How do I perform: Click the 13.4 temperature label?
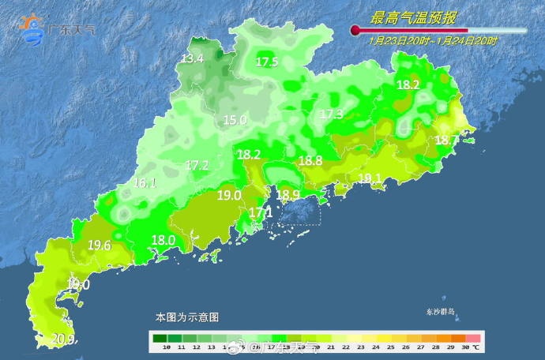click(x=192, y=58)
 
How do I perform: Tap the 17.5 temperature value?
click(x=267, y=62)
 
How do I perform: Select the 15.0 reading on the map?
click(x=235, y=120)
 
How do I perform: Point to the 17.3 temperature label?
click(x=331, y=114)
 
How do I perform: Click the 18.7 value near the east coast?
click(x=446, y=140)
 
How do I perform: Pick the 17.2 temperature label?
click(x=197, y=165)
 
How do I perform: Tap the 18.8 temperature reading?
click(x=310, y=160)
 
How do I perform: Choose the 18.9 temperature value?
click(x=288, y=195)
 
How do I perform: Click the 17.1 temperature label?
click(x=261, y=212)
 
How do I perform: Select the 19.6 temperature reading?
click(x=99, y=246)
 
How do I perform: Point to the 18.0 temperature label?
click(x=163, y=240)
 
